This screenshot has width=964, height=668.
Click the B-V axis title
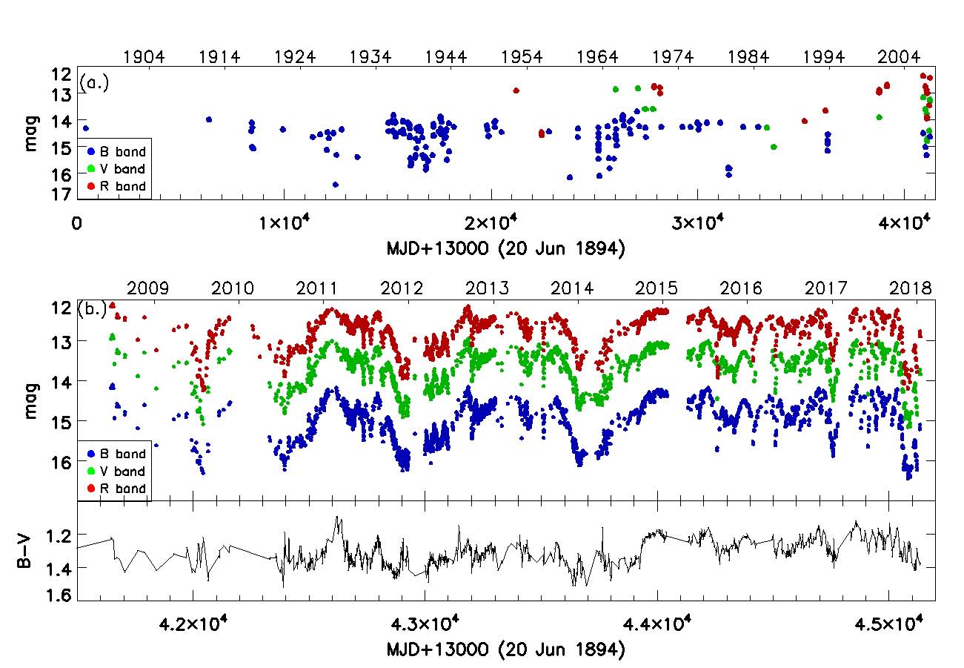[x=25, y=552]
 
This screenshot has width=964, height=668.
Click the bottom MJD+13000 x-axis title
[x=505, y=650]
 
